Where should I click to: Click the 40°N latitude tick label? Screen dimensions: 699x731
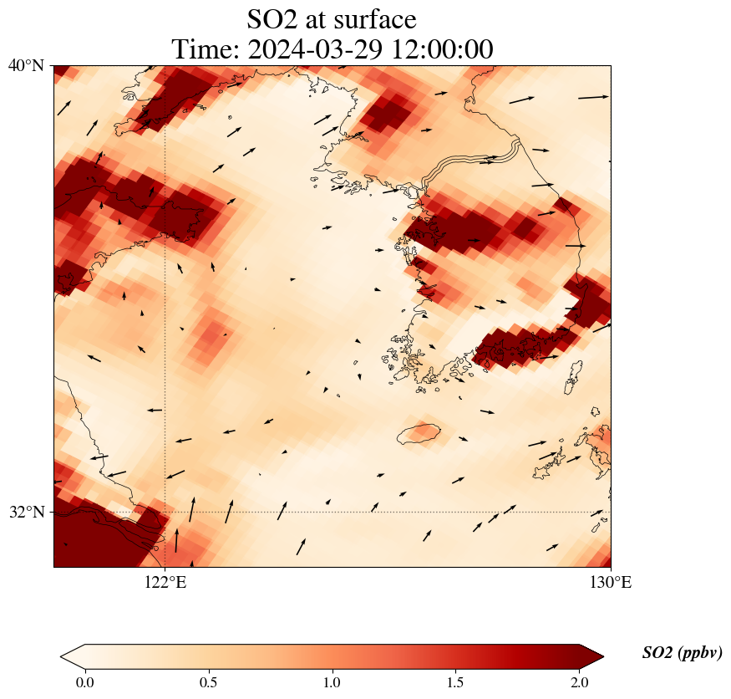coord(26,65)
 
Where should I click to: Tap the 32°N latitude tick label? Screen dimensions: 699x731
coord(26,512)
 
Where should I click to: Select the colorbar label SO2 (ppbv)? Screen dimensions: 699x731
coord(682,653)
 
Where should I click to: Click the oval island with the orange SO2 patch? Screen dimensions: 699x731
coord(419,433)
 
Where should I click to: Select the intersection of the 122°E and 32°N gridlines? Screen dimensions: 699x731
coord(165,512)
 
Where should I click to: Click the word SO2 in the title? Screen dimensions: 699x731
coord(272,18)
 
